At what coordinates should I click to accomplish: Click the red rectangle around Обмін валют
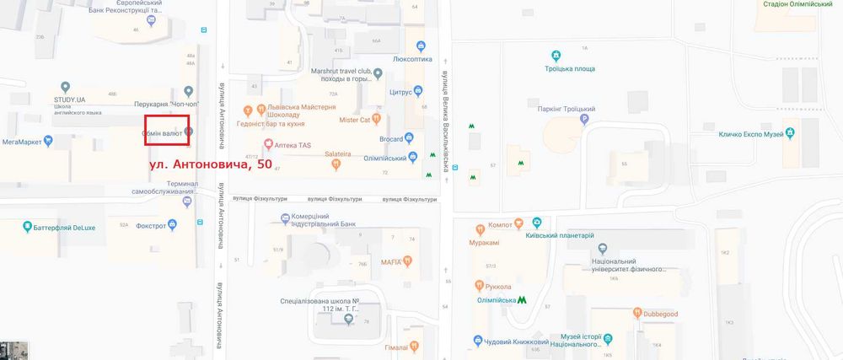tap(166, 134)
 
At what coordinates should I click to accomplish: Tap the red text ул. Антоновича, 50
tap(211, 164)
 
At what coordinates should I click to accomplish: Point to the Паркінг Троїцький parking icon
tap(584, 119)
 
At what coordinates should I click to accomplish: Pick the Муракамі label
tap(485, 243)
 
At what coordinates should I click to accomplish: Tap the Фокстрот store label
tap(151, 225)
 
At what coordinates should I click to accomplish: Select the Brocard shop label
tap(384, 137)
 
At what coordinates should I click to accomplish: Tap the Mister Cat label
tap(355, 120)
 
